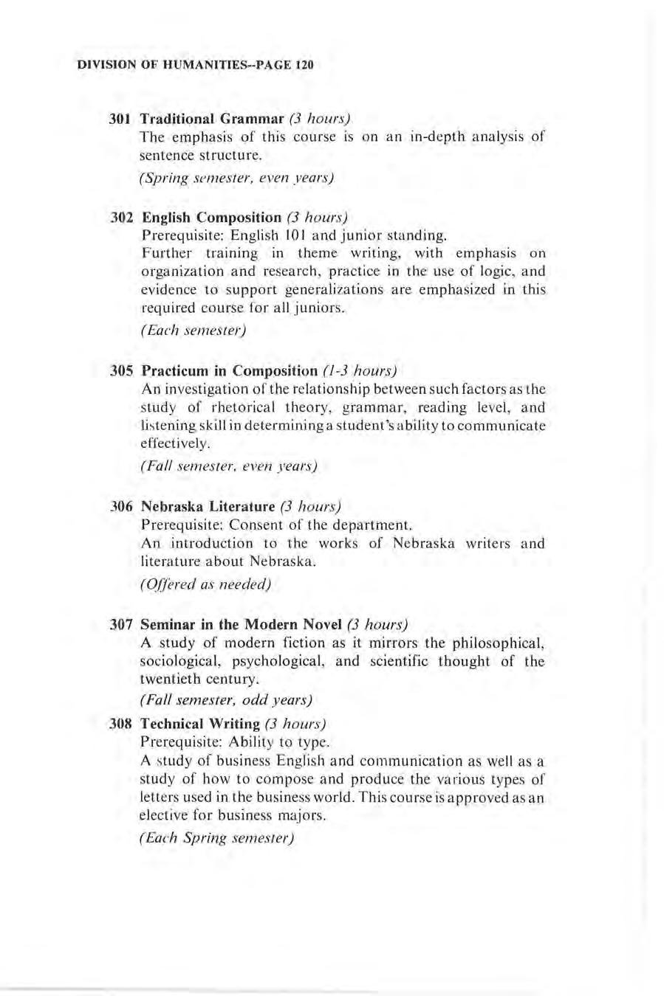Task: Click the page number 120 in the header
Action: pos(305,65)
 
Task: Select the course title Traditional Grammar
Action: pos(213,119)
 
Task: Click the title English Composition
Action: pos(212,218)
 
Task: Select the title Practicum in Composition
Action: pos(229,370)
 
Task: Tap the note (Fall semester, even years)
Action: pos(229,466)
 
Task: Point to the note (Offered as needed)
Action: pos(206,584)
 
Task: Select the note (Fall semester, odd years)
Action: pos(226,699)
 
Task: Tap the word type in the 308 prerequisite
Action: pos(311,742)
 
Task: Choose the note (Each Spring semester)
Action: pos(217,839)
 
